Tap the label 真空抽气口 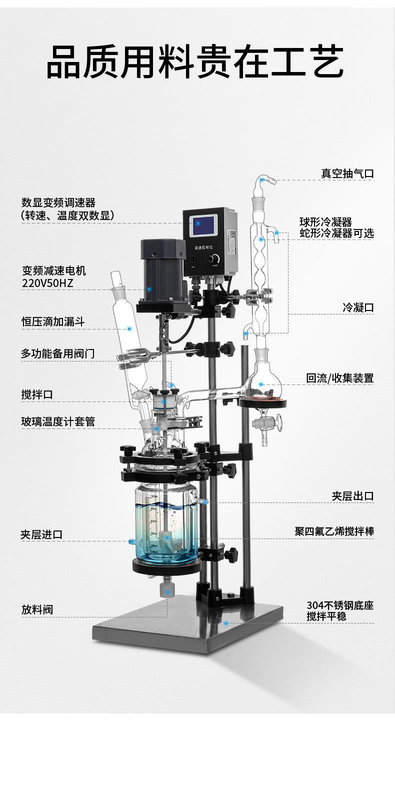click(x=347, y=173)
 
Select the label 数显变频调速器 click(x=58, y=202)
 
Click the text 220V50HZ click(x=48, y=283)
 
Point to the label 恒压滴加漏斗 click(x=53, y=321)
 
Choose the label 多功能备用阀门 click(x=57, y=353)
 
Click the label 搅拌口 click(x=37, y=394)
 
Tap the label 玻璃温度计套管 click(x=58, y=421)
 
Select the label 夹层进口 click(x=41, y=534)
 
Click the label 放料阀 click(x=37, y=609)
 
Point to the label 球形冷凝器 click(x=325, y=221)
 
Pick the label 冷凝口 click(x=358, y=307)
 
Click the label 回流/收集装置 click(x=340, y=378)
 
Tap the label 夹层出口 click(x=352, y=496)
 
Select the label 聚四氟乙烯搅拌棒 click(x=334, y=531)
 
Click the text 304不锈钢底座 click(x=340, y=605)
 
